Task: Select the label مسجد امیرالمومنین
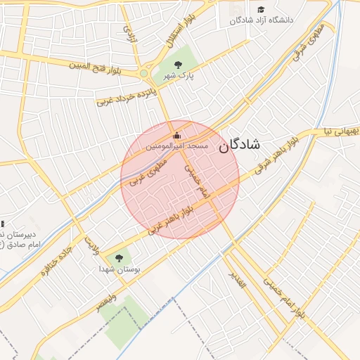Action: click(176, 146)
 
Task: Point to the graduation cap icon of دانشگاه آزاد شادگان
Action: click(262, 10)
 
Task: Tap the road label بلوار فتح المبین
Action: click(98, 66)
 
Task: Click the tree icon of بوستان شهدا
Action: click(118, 258)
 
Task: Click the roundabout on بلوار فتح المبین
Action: click(144, 73)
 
